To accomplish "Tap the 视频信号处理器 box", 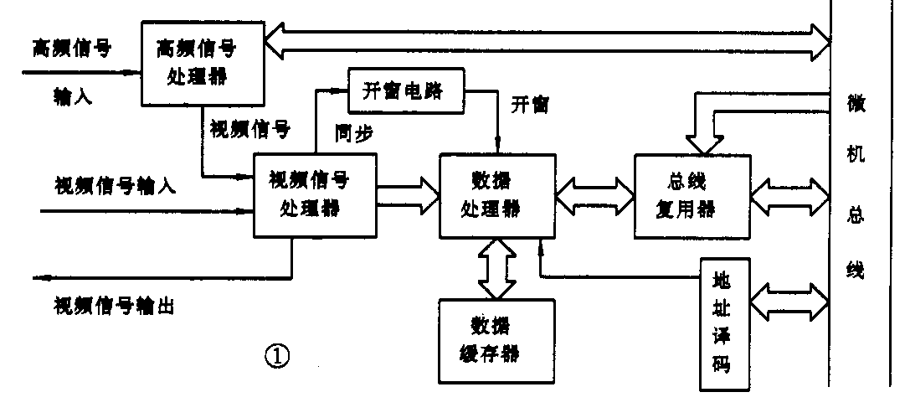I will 315,194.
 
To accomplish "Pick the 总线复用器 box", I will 691,194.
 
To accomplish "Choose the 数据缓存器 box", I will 497,338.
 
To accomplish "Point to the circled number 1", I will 277,357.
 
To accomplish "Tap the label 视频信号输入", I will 115,184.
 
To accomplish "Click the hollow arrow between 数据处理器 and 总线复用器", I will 595,194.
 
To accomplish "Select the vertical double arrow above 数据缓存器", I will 497,269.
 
